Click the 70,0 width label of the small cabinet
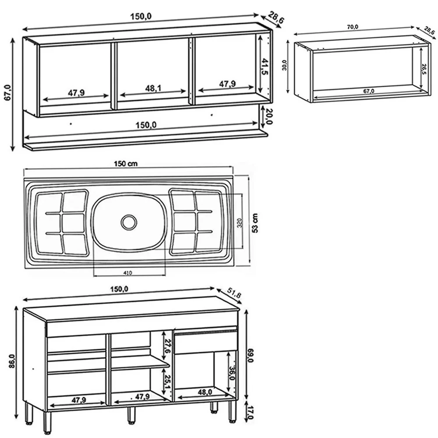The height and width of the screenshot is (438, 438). tap(352, 27)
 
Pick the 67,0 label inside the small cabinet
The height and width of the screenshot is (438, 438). tap(368, 91)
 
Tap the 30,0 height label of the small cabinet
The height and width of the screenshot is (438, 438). tap(285, 65)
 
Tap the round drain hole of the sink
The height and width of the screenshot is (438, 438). tap(129, 222)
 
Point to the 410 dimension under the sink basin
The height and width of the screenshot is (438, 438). tap(128, 272)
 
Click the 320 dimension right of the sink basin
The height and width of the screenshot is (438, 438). tap(239, 223)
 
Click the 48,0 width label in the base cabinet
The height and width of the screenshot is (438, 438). tap(205, 392)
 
